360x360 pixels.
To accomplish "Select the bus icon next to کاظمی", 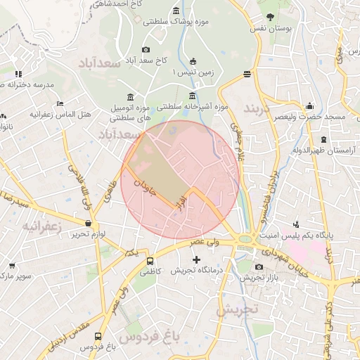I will pyautogui.click(x=148, y=261).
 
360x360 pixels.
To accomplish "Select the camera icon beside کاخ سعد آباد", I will pyautogui.click(x=146, y=49).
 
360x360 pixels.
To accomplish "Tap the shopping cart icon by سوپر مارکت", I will pyautogui.click(x=12, y=266).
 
